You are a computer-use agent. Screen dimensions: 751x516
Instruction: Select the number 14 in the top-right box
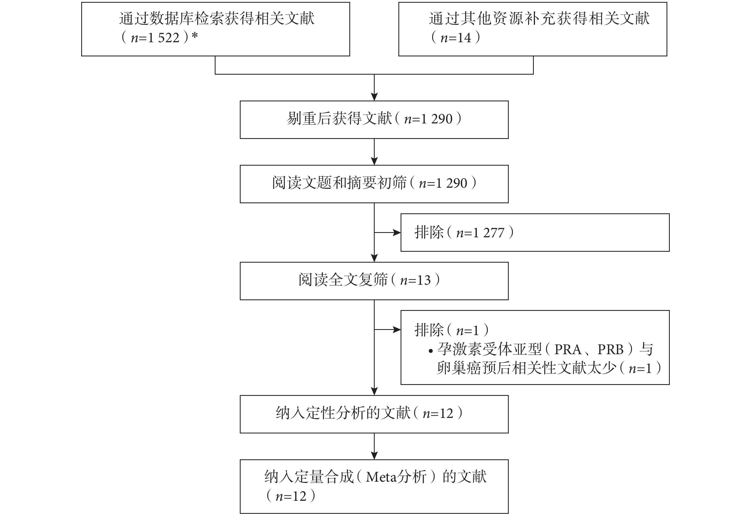click(x=464, y=38)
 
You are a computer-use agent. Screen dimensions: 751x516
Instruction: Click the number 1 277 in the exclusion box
click(x=489, y=233)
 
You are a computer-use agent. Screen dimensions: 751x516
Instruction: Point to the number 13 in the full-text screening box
click(x=424, y=280)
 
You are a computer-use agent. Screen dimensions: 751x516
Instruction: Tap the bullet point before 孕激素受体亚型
click(x=431, y=351)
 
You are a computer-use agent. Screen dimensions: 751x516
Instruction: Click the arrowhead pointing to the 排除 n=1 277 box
click(x=397, y=232)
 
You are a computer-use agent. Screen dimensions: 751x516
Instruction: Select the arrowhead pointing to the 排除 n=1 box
click(x=397, y=329)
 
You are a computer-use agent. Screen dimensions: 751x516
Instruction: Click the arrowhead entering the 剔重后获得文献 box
click(x=374, y=97)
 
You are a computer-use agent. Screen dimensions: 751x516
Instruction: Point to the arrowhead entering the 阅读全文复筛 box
click(x=374, y=258)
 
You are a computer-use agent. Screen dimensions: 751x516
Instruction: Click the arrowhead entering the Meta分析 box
click(x=374, y=456)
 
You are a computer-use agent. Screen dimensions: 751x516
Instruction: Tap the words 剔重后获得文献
click(x=339, y=119)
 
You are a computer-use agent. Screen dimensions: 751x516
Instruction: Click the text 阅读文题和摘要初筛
click(x=339, y=183)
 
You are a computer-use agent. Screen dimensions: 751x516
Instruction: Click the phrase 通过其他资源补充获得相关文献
click(x=539, y=19)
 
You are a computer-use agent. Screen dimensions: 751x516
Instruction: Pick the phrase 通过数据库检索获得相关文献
click(x=217, y=19)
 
